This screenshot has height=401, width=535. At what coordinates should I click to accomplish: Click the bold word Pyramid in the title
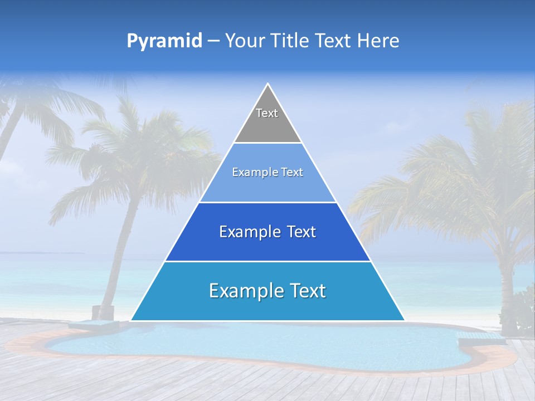click(164, 41)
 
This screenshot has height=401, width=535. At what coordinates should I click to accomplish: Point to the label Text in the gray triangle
click(267, 113)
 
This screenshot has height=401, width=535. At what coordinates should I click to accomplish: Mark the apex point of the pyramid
click(268, 84)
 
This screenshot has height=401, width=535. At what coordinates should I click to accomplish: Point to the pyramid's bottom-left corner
click(131, 320)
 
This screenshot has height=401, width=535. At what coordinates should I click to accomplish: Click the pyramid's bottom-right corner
click(404, 320)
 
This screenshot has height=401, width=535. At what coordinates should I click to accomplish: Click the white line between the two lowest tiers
click(267, 261)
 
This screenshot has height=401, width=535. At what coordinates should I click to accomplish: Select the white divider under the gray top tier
click(267, 143)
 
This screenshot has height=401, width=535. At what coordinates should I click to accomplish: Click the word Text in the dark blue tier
click(298, 232)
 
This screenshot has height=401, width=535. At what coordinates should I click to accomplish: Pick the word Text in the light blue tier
click(291, 172)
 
